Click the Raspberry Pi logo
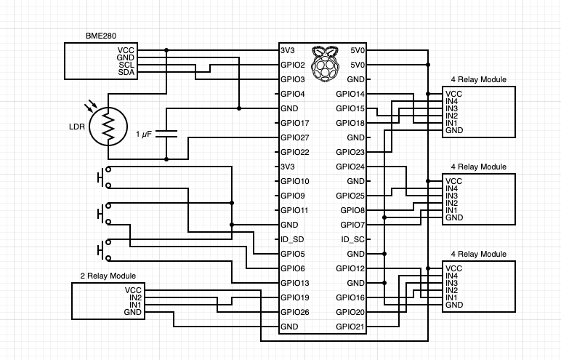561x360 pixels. tap(324, 63)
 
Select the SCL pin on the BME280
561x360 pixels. tap(126, 65)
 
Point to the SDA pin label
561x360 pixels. tap(126, 72)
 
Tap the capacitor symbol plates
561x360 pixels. tap(167, 134)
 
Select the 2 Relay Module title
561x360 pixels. tap(108, 276)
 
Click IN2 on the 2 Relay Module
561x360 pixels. tap(135, 297)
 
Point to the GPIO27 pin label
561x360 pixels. tap(294, 137)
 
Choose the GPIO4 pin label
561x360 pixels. tap(292, 94)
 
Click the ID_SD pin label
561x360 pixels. tap(291, 239)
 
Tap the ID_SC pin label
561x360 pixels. tap(352, 239)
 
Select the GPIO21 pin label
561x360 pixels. tap(350, 327)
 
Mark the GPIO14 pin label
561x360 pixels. tap(350, 94)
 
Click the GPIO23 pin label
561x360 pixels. tap(350, 152)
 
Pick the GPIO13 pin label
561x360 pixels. tap(294, 283)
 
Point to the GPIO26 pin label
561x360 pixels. tap(294, 312)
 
